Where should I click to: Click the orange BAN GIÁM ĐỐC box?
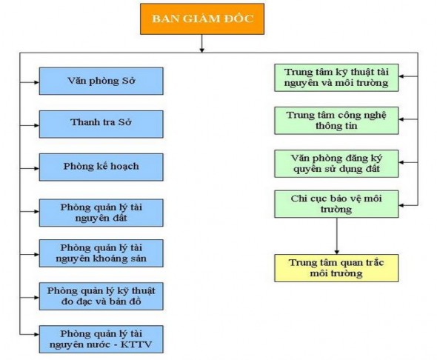(202, 21)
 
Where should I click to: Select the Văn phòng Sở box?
(101, 80)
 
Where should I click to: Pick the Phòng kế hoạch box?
(101, 166)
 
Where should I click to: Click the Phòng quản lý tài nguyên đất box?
(101, 212)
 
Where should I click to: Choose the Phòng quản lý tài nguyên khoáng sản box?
(101, 253)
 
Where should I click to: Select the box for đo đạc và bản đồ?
(101, 295)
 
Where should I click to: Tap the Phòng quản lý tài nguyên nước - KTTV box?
(101, 338)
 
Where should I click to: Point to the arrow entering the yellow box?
(337, 250)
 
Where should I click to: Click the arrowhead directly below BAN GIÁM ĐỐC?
(202, 50)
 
